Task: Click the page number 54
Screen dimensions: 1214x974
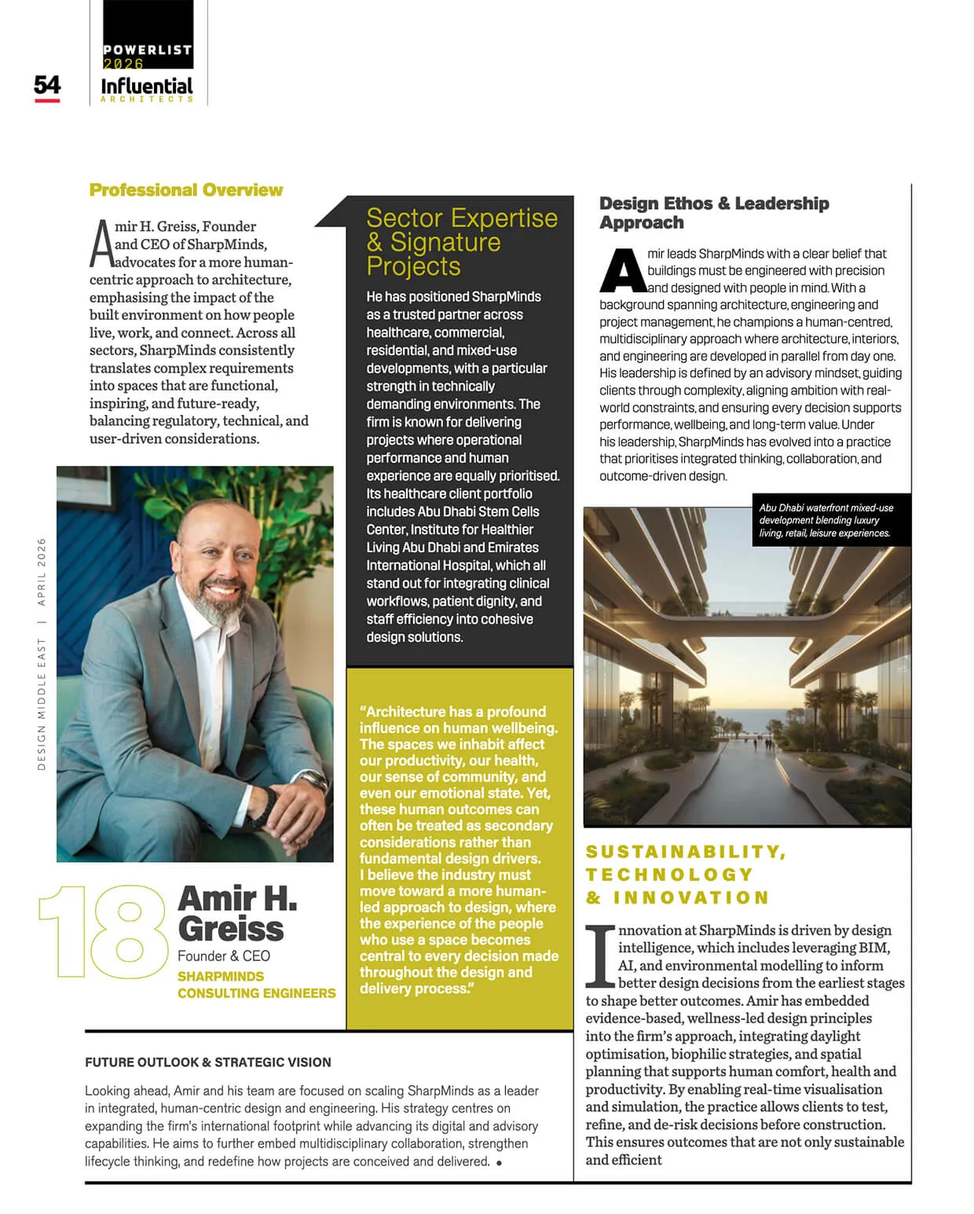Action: pyautogui.click(x=47, y=85)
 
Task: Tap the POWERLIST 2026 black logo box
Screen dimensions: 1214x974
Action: pyautogui.click(x=148, y=35)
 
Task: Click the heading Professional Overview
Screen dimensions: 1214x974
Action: pyautogui.click(x=186, y=190)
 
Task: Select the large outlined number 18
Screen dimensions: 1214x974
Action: pyautogui.click(x=103, y=932)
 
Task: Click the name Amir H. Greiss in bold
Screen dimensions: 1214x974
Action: pyautogui.click(x=237, y=913)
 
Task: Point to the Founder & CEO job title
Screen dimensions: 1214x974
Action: pyautogui.click(x=224, y=956)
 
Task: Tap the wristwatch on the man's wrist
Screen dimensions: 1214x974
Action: pyautogui.click(x=313, y=780)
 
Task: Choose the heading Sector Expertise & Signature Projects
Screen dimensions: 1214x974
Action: pyautogui.click(x=462, y=241)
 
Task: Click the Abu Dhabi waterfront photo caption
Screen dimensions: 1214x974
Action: pyautogui.click(x=826, y=520)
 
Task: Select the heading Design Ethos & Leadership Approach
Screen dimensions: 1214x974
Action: pyautogui.click(x=713, y=213)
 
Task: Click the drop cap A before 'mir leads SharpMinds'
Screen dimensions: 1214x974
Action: pyautogui.click(x=622, y=271)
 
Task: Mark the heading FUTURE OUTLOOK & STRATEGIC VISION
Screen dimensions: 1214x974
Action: pyautogui.click(x=208, y=1062)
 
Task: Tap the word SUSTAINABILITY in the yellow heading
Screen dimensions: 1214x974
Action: pyautogui.click(x=685, y=853)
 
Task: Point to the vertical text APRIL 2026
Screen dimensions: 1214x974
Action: pyautogui.click(x=42, y=571)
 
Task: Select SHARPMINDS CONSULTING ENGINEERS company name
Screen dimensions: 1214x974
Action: pyautogui.click(x=256, y=985)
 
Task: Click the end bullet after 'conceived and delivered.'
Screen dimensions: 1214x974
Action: pyautogui.click(x=500, y=1163)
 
